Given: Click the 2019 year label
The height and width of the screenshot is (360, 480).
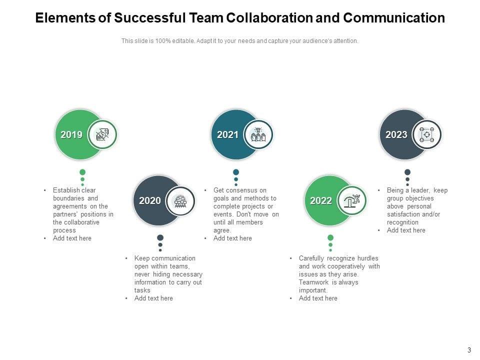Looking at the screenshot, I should pos(71,134).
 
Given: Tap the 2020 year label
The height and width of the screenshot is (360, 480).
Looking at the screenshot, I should pos(149,201).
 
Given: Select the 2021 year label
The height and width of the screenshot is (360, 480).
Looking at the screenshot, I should pos(227,134).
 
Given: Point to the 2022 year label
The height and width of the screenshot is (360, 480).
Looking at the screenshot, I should pos(321,201).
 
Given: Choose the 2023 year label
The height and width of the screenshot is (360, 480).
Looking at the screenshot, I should pos(396,134).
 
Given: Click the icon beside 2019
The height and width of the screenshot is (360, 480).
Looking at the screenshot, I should pos(102,134).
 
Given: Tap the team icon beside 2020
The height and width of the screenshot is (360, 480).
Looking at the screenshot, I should pos(180,201).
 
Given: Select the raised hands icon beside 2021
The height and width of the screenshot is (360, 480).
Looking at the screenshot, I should pos(258,134).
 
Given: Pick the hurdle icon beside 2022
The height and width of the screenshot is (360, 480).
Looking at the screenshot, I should pos(352,201).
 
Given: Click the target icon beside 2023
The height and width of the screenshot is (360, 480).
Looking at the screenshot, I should pos(427,134).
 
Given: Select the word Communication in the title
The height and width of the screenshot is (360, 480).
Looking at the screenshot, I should pos(394,18).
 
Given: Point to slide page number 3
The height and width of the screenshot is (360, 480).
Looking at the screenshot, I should pos(469,350).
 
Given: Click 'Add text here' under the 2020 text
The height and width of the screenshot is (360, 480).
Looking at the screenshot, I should pos(153,298).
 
